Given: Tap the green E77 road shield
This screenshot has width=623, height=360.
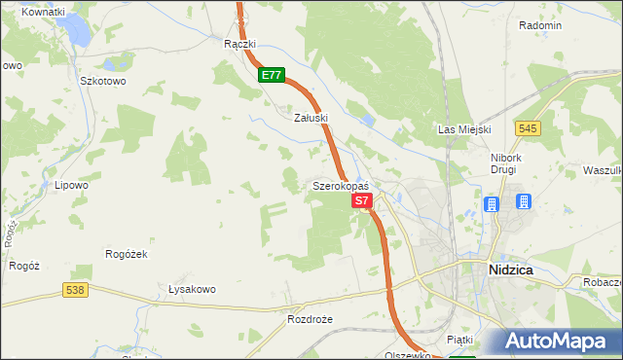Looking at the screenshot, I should [x=273, y=74].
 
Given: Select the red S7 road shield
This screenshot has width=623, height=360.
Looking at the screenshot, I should [x=362, y=200].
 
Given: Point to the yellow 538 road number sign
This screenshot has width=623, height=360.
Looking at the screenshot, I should [x=76, y=289].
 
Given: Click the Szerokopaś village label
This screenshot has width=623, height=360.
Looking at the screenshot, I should [x=340, y=185].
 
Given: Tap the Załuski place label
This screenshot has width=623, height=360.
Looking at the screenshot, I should [x=311, y=117].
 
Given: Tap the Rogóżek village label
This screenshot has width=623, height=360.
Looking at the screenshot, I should [x=126, y=254].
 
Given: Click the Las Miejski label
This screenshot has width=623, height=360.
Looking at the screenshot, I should [x=464, y=129].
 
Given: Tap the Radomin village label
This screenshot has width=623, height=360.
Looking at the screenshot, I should [x=540, y=25].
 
